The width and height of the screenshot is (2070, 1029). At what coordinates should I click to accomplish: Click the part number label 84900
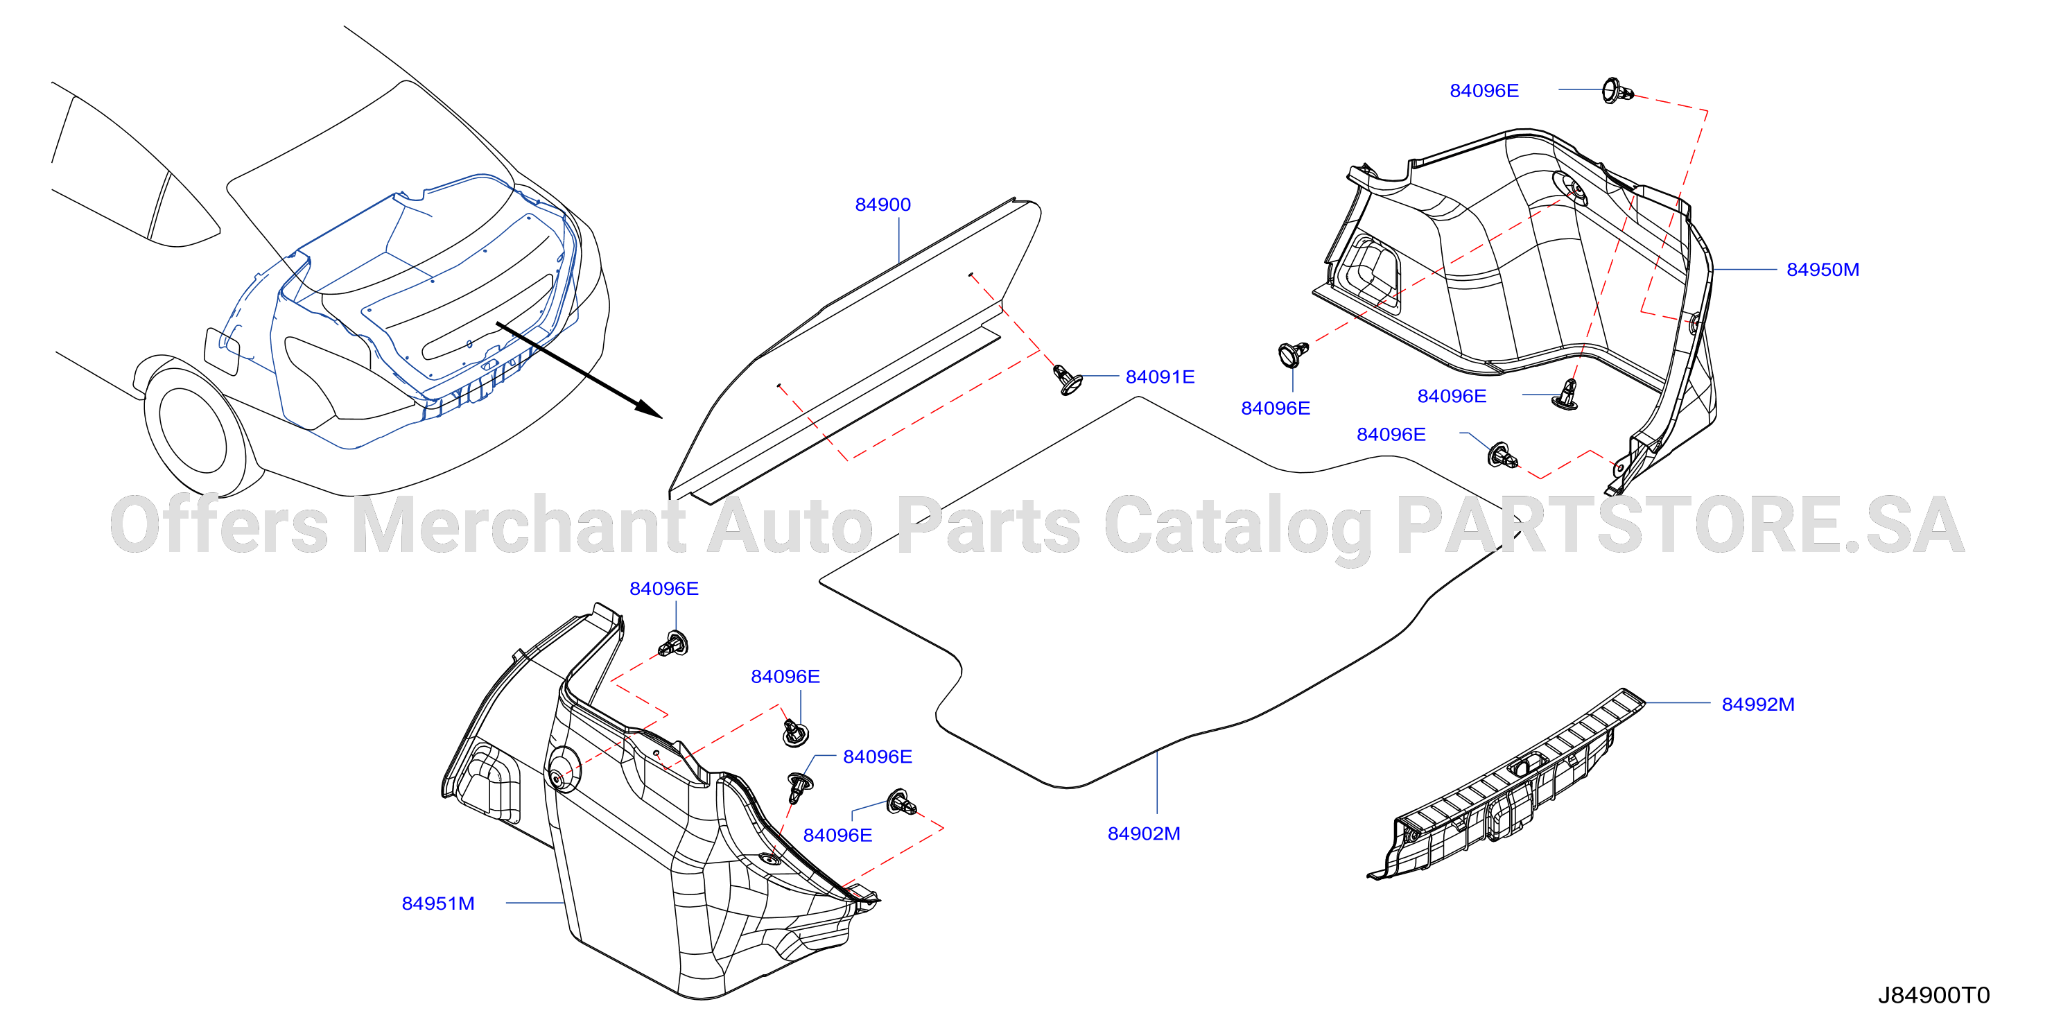click(882, 205)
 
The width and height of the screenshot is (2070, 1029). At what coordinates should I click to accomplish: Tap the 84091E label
click(1160, 377)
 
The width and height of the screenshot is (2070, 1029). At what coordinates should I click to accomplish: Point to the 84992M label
click(1757, 704)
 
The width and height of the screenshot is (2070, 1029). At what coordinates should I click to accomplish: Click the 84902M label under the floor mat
click(1143, 833)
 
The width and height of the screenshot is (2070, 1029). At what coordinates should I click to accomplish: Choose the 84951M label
click(438, 903)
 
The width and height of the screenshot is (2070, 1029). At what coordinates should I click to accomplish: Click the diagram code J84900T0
click(1933, 995)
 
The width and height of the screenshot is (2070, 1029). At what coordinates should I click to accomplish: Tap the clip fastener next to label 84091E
click(1066, 379)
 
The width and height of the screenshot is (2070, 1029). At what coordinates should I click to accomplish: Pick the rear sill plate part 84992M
click(1506, 783)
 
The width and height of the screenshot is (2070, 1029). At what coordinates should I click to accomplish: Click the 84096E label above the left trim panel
click(663, 589)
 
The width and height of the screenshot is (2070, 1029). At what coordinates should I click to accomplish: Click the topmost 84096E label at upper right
click(1484, 91)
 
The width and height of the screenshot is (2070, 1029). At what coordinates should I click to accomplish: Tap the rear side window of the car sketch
click(185, 208)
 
